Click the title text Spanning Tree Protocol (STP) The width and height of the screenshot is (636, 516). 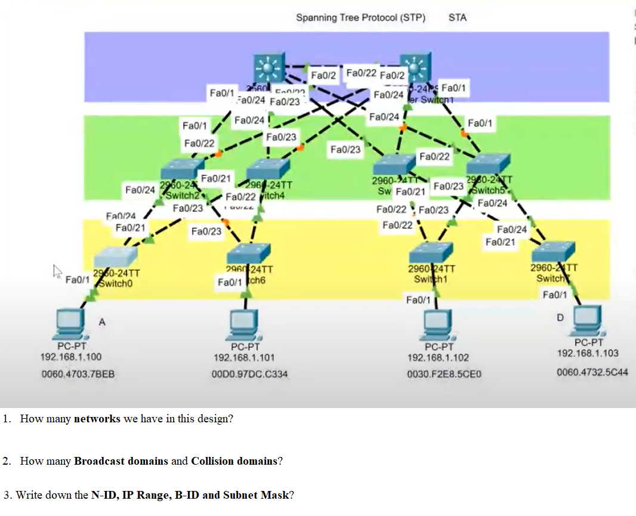tap(360, 18)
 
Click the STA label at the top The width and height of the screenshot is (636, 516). tap(457, 18)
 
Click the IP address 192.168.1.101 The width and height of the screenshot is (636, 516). tap(244, 358)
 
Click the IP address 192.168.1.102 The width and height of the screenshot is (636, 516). tap(438, 358)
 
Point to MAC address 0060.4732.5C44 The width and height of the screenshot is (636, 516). tap(592, 373)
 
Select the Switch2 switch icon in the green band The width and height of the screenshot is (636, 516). tap(182, 169)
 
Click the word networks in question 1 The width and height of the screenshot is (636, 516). tap(97, 419)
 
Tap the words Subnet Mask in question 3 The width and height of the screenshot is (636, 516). tap(259, 495)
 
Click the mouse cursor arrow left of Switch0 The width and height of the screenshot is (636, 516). tap(58, 273)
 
